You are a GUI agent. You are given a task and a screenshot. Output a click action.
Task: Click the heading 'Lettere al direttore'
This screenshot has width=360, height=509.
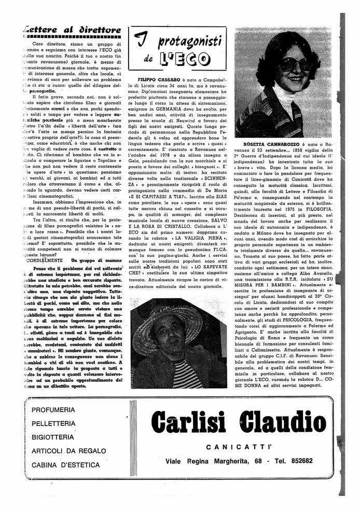click(x=69, y=30)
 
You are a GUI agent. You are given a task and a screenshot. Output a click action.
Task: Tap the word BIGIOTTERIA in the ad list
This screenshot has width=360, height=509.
click(x=56, y=437)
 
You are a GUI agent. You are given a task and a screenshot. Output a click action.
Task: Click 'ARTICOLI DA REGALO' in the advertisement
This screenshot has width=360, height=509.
click(x=69, y=451)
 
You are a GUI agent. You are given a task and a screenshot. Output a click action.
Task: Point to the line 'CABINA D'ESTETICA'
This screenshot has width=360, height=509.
click(x=65, y=465)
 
